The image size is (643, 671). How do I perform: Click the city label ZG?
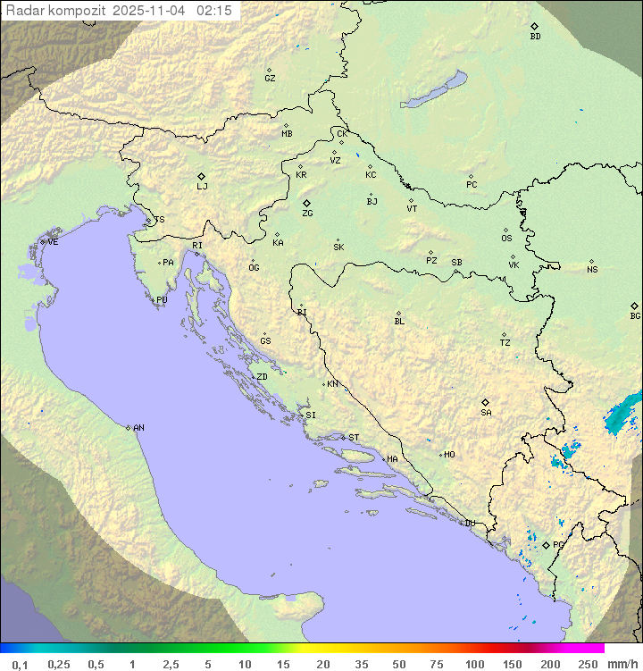307,214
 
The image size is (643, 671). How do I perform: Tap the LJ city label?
202,187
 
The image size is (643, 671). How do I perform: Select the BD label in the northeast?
535,37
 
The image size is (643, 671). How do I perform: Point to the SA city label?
486,413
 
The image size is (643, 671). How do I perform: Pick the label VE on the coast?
53,242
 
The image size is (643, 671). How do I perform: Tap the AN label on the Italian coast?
138,428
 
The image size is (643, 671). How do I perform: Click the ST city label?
354,438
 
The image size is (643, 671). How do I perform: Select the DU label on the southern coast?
469,524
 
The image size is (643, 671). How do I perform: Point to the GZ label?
270,79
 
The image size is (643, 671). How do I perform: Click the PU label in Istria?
162,300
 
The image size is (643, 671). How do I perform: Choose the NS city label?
592,270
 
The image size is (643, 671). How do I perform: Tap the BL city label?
399,322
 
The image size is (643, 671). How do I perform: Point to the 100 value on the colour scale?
474,664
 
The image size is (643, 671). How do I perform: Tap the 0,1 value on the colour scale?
20,664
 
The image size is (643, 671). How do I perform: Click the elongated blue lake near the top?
434,90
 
